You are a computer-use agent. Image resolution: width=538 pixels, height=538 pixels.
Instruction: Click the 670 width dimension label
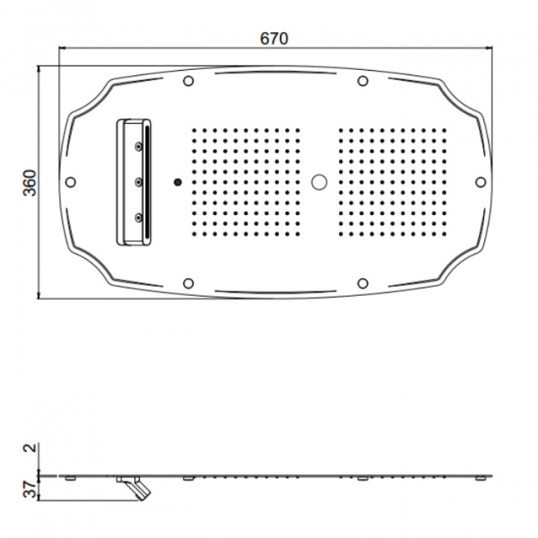pos(273,39)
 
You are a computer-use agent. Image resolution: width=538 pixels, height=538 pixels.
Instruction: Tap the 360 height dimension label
pos(30,183)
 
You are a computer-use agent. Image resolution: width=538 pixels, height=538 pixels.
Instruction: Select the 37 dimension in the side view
pos(30,489)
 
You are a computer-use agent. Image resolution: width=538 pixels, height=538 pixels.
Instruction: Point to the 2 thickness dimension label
pos(30,447)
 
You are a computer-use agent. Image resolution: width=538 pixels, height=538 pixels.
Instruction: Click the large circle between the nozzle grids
pos(319,182)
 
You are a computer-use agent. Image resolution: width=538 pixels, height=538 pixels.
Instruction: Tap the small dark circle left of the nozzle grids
pos(178,182)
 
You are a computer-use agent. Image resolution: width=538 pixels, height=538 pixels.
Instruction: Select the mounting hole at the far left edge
pos(71,182)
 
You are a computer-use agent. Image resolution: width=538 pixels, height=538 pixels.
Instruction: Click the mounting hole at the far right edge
pos(481,182)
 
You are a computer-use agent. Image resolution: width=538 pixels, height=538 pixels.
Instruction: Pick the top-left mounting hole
pos(188,81)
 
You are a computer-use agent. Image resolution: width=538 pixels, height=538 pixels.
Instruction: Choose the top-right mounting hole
pos(362,81)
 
